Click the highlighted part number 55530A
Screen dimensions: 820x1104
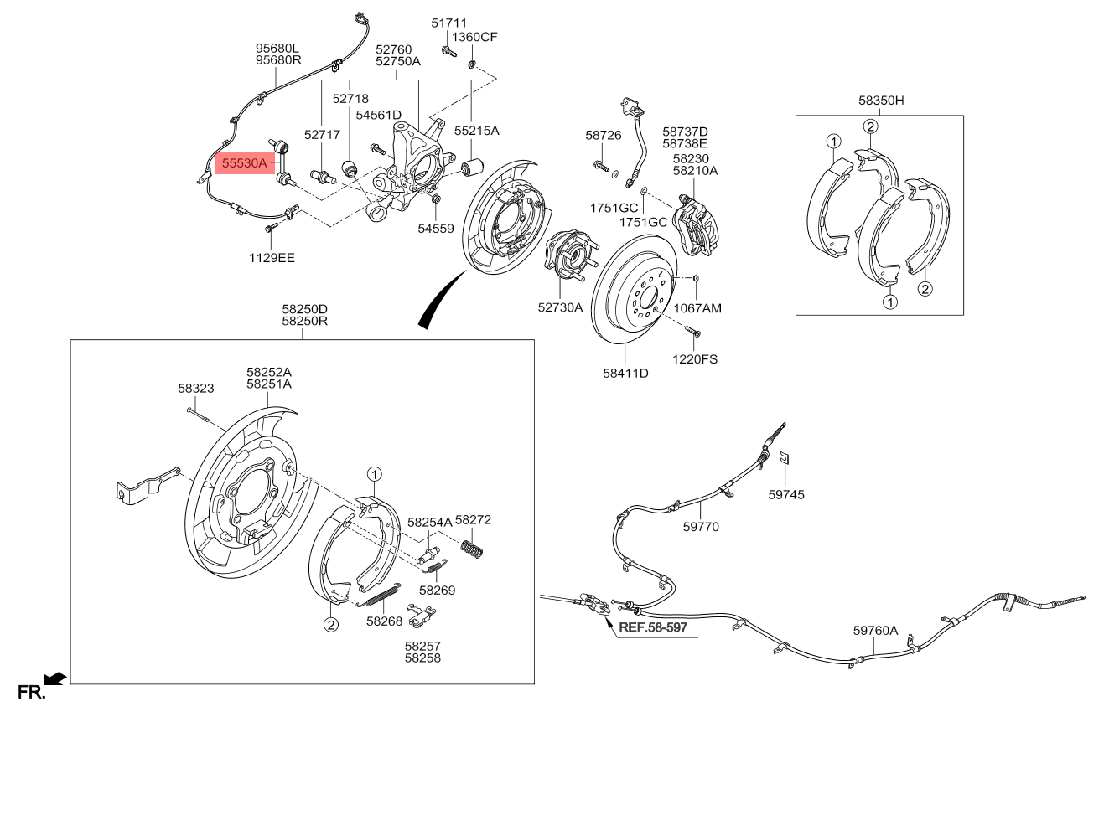click(245, 163)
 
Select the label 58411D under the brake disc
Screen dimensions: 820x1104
click(625, 373)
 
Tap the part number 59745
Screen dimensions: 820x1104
click(785, 494)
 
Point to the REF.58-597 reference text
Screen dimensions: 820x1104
click(653, 627)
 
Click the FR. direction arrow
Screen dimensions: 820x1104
click(55, 678)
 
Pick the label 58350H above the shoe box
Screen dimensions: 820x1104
click(881, 101)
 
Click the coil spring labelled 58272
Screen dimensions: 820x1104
click(474, 548)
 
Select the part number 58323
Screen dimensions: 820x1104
click(195, 389)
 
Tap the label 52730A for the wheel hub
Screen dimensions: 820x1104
click(560, 307)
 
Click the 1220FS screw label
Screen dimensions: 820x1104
click(695, 358)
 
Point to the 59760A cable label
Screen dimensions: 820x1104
click(875, 631)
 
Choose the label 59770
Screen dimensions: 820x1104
click(701, 526)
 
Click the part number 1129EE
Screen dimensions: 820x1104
click(272, 258)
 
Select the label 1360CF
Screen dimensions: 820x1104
click(474, 37)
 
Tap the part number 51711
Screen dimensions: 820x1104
click(449, 23)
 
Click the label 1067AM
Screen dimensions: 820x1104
click(697, 308)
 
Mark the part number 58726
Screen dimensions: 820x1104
click(603, 135)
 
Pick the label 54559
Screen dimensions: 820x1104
click(436, 228)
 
